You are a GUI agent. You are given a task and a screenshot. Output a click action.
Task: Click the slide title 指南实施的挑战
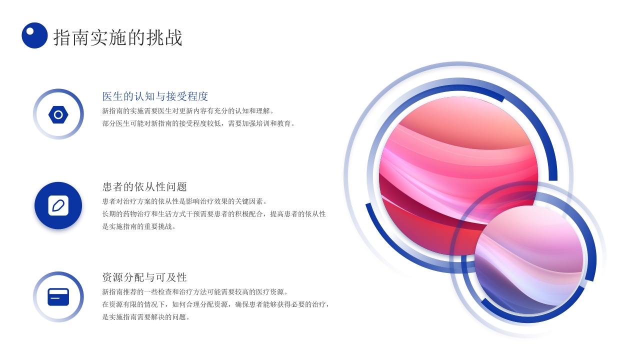tap(118, 37)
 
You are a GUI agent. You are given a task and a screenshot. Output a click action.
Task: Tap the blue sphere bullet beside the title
tap(34, 35)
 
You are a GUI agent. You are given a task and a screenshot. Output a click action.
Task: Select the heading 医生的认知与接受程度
tap(155, 96)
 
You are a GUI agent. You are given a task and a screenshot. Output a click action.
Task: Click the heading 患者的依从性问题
tap(144, 187)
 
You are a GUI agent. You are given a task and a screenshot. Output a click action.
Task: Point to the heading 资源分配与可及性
tap(144, 277)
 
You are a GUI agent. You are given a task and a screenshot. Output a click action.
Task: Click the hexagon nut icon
tap(58, 115)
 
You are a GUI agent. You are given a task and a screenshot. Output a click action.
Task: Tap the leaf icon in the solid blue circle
tap(58, 205)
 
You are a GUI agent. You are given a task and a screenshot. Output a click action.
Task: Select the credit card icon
tap(58, 297)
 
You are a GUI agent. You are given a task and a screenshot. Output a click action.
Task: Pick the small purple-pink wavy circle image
tap(529, 260)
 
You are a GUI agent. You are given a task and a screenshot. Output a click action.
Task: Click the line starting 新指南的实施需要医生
tap(188, 111)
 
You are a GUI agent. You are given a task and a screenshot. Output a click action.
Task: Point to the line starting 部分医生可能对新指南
tap(199, 123)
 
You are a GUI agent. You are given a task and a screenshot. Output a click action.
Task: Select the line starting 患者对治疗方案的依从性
tap(185, 201)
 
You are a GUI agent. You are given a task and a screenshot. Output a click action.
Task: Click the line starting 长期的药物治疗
tap(214, 214)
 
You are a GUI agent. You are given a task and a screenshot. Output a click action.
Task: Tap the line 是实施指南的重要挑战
tap(139, 226)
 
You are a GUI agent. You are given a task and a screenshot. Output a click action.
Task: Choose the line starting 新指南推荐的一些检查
tap(195, 292)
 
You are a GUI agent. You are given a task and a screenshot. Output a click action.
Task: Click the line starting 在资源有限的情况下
tap(216, 304)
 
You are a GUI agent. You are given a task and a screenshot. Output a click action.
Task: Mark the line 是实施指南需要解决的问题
tap(146, 317)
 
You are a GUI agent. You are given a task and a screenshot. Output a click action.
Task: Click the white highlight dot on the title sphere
tap(30, 31)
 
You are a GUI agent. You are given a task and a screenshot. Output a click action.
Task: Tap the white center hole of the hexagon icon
tap(58, 115)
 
